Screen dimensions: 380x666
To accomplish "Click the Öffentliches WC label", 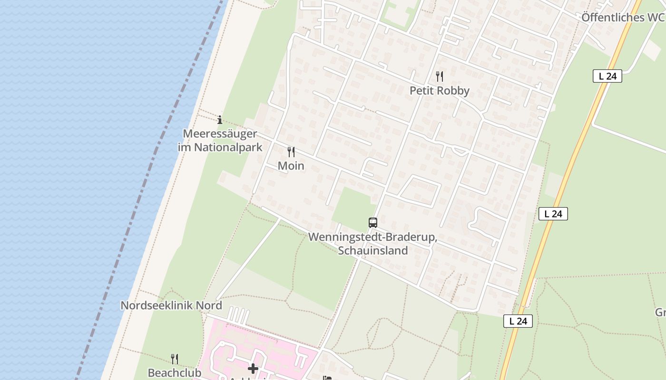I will click(x=622, y=18).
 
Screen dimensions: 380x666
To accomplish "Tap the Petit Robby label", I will click(x=440, y=91).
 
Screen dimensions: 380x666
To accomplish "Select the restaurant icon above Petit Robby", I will click(x=440, y=76).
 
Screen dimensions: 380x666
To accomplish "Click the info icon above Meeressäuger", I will click(x=220, y=120).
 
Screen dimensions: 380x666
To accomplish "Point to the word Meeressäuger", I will click(x=220, y=133).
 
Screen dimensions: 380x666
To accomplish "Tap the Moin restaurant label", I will click(x=291, y=166).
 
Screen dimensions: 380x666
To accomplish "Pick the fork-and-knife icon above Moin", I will click(x=291, y=152).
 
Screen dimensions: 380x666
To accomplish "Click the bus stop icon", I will click(x=373, y=222).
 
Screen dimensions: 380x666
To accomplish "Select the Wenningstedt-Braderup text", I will click(x=372, y=237).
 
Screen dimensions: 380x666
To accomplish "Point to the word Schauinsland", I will click(x=372, y=250).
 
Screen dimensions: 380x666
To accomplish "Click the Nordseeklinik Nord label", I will click(x=171, y=305).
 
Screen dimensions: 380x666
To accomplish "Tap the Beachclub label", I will click(x=174, y=372).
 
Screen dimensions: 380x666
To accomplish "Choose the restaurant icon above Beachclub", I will click(x=175, y=359).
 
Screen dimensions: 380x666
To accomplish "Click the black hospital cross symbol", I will click(x=253, y=368).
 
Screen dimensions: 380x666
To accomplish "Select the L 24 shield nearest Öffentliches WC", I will click(x=607, y=76).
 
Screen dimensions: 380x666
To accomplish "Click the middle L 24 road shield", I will click(x=553, y=214).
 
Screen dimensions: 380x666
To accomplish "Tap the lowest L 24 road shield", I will click(x=518, y=321).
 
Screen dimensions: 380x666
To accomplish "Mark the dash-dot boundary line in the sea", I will click(x=143, y=190).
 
